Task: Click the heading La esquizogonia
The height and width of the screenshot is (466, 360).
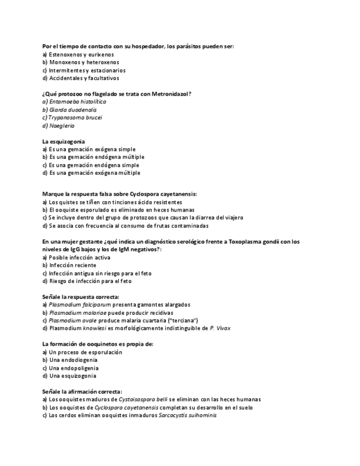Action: [64, 141]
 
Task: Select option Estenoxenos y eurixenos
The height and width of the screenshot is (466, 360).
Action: [81, 54]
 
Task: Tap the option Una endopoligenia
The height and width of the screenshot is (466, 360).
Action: [73, 368]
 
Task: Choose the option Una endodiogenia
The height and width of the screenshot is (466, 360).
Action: [73, 360]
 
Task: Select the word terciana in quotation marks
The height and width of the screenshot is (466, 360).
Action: [182, 320]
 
